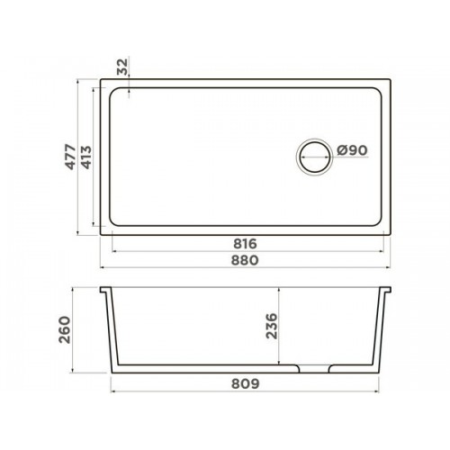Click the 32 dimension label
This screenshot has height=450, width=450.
pyautogui.click(x=122, y=67)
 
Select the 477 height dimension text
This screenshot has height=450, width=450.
pyautogui.click(x=71, y=157)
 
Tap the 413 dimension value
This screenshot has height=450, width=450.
pyautogui.click(x=86, y=157)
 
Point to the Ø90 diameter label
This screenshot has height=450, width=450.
pyautogui.click(x=352, y=150)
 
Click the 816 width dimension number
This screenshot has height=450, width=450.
pyautogui.click(x=245, y=244)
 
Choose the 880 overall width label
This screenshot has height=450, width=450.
pyautogui.click(x=245, y=260)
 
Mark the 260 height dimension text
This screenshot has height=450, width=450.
pyautogui.click(x=65, y=329)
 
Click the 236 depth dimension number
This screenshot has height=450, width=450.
pyautogui.click(x=272, y=326)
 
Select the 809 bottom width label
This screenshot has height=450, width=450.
pyautogui.click(x=245, y=383)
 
